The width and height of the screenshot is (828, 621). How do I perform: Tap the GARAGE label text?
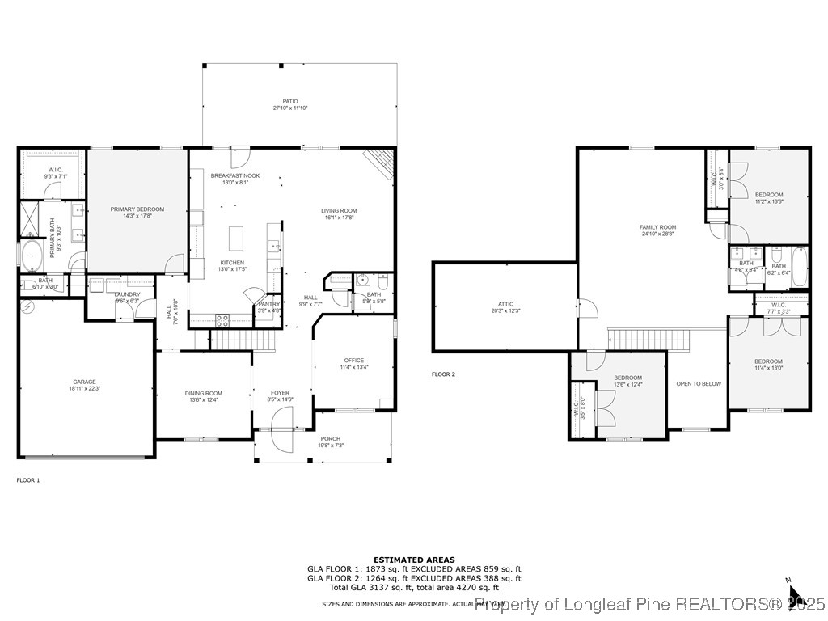[84, 382]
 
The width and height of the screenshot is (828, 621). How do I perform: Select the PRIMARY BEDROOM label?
[137, 209]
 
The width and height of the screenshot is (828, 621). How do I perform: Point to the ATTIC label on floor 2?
[502, 304]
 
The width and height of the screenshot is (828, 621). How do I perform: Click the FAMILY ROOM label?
[657, 227]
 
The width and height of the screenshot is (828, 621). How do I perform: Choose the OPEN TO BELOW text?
[699, 384]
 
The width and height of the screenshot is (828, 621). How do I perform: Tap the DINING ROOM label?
[203, 393]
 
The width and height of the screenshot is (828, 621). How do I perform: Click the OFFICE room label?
[353, 361]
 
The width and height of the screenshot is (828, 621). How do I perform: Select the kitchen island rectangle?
[236, 239]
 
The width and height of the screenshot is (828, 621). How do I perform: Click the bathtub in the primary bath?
[32, 256]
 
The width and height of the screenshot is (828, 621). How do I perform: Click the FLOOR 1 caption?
[28, 480]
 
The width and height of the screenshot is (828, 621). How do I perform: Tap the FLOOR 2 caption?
[443, 374]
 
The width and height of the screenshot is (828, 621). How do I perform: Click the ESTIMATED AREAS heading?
[414, 560]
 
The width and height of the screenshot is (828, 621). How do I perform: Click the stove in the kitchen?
[222, 319]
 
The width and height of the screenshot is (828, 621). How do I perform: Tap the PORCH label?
[330, 439]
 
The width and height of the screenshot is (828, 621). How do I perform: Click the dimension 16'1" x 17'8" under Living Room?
[339, 218]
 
